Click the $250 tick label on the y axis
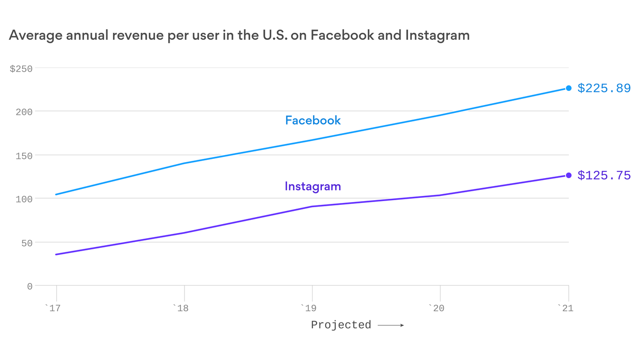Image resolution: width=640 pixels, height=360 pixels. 21,69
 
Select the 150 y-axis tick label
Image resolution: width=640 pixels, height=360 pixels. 24,156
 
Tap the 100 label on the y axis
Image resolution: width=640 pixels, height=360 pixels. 24,199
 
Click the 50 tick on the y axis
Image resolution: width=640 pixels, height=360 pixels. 27,243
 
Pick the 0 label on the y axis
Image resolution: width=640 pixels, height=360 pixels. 30,286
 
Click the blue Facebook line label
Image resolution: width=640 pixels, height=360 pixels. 313,120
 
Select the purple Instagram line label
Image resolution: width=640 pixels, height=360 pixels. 313,187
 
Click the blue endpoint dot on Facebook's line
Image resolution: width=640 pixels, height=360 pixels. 569,88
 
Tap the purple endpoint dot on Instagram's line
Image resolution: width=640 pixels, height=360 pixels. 569,175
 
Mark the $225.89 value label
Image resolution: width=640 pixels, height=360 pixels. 604,88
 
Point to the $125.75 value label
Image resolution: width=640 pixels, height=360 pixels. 604,175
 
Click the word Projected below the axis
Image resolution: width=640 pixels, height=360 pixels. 341,325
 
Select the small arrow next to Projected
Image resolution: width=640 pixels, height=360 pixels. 391,325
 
